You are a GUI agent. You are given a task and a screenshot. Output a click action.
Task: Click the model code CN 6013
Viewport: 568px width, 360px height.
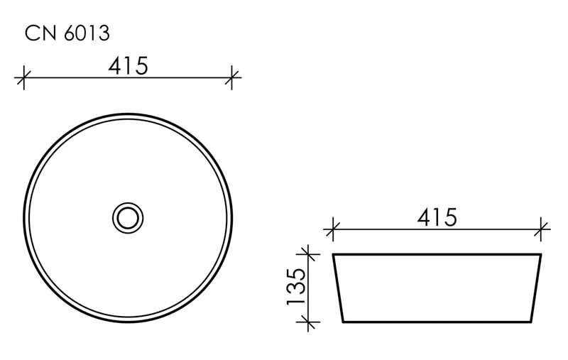click(67, 33)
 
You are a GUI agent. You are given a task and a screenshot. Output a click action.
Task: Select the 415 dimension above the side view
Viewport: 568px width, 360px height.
click(437, 217)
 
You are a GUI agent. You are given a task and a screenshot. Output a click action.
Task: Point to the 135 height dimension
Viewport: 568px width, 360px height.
click(296, 287)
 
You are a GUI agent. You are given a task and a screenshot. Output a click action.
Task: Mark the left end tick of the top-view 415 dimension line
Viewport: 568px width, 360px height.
click(24, 77)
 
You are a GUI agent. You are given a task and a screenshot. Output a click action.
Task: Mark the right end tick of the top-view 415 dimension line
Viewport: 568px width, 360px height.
click(232, 77)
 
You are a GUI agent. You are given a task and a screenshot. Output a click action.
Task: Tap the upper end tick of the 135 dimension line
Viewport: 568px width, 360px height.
click(307, 253)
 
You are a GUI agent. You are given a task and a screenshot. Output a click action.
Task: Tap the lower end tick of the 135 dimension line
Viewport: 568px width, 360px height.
click(307, 322)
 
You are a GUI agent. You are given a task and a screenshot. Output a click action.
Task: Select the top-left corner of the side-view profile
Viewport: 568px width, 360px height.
click(333, 254)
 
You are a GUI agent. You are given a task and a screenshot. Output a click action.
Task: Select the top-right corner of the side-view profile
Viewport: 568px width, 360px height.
click(541, 254)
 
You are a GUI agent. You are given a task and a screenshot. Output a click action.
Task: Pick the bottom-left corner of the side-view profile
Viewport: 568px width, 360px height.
click(343, 322)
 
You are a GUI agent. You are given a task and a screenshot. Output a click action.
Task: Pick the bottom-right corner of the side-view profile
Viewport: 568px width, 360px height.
click(531, 322)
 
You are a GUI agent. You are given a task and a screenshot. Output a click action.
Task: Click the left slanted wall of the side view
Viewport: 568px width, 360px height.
click(338, 288)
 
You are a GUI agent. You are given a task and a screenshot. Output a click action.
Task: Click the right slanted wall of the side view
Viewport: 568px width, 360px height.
click(536, 288)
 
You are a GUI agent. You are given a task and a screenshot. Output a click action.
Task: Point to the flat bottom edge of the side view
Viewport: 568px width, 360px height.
click(437, 322)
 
